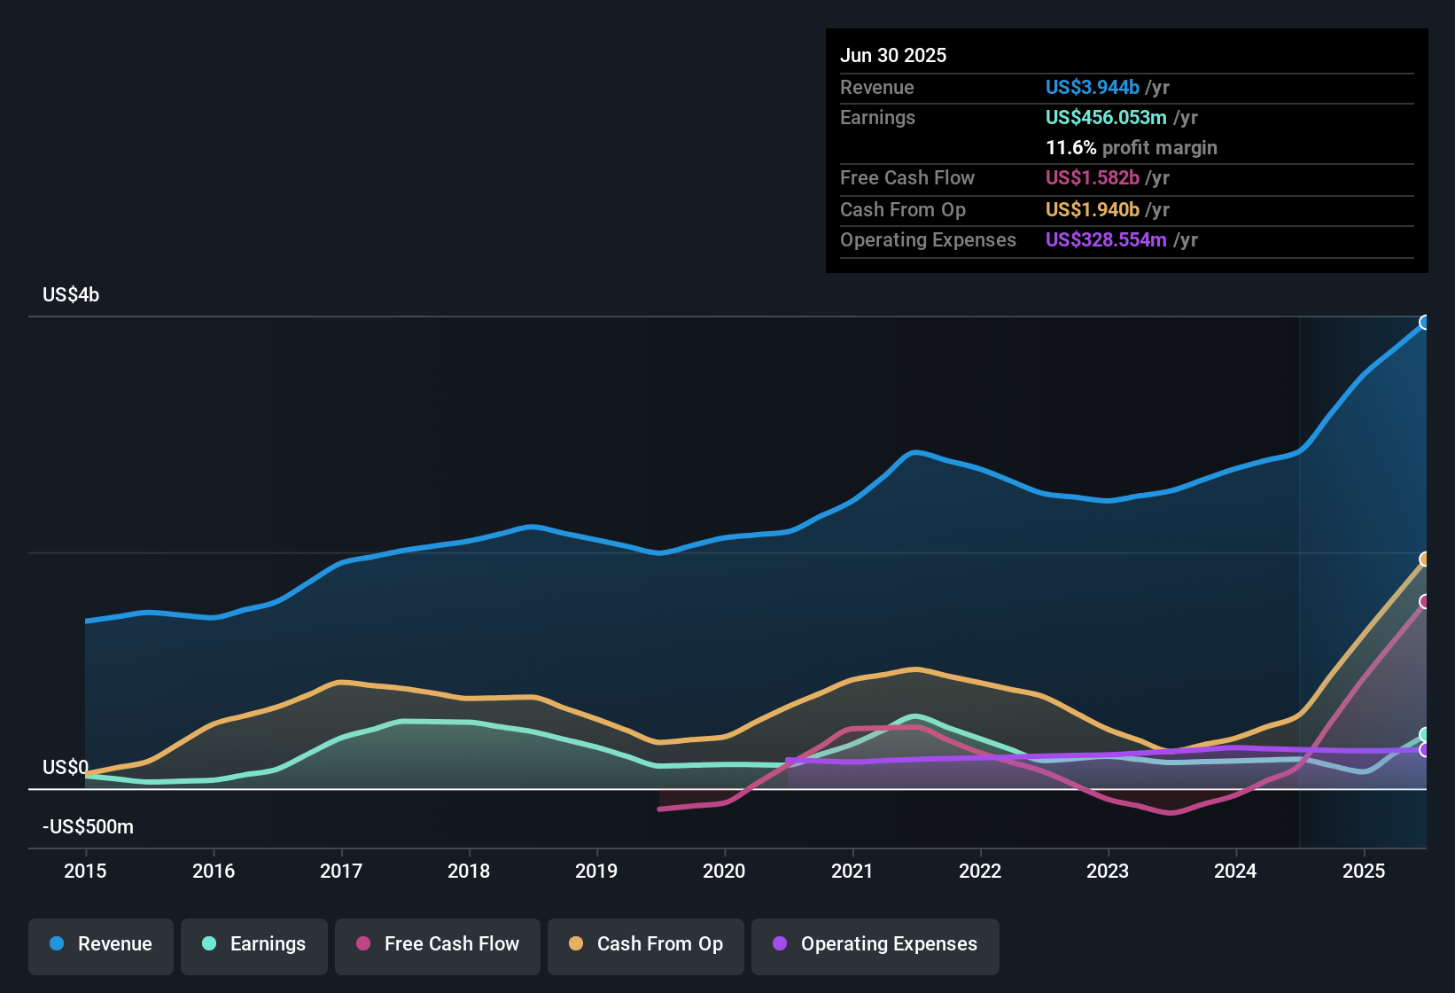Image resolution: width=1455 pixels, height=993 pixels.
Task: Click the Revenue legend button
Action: pyautogui.click(x=101, y=944)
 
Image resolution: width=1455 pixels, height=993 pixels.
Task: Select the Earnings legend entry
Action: pyautogui.click(x=254, y=944)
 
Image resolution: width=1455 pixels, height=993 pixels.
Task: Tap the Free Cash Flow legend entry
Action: pyautogui.click(x=438, y=944)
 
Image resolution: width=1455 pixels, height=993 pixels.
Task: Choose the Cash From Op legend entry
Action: pyautogui.click(x=646, y=944)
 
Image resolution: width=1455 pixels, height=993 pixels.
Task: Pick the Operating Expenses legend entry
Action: pyautogui.click(x=875, y=944)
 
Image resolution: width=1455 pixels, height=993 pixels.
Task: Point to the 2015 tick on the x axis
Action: pyautogui.click(x=85, y=871)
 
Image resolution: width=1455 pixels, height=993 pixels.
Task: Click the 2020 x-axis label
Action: pyautogui.click(x=724, y=871)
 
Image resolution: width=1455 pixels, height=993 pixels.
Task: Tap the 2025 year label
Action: pyautogui.click(x=1363, y=871)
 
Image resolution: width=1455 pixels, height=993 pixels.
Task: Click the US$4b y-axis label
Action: pyautogui.click(x=71, y=295)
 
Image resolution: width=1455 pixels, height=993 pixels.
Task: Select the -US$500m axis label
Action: pyautogui.click(x=88, y=827)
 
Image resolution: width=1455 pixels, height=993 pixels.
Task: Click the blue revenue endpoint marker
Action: pyautogui.click(x=1425, y=323)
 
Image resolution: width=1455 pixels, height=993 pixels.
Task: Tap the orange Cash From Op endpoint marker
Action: pyautogui.click(x=1425, y=559)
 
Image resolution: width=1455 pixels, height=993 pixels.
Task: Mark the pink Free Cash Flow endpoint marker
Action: pyautogui.click(x=1425, y=602)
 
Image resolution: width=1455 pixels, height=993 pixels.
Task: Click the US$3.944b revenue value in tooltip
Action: pyautogui.click(x=1092, y=88)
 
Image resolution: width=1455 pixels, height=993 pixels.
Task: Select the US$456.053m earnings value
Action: pyautogui.click(x=1106, y=118)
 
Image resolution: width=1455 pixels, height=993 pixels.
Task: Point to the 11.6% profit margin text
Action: pyautogui.click(x=1131, y=148)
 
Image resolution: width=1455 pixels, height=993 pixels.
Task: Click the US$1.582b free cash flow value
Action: pyautogui.click(x=1092, y=178)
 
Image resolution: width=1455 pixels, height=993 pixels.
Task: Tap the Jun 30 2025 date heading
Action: pyautogui.click(x=893, y=56)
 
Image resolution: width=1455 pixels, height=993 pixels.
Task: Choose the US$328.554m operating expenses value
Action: pyautogui.click(x=1106, y=240)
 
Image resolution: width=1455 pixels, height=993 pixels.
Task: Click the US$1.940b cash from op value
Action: pyautogui.click(x=1092, y=210)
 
